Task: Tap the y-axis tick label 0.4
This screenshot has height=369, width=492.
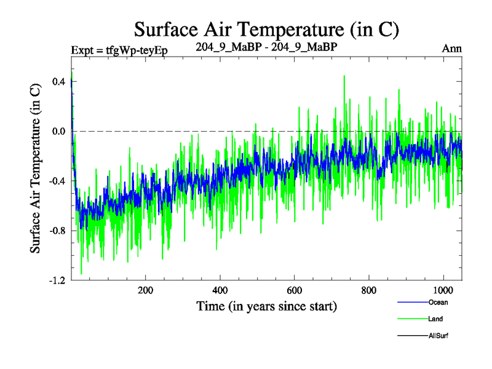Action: pos(59,81)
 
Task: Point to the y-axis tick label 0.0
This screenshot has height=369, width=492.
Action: pos(59,131)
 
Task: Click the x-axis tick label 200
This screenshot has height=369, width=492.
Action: pos(146,291)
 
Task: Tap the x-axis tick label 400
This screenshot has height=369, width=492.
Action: pos(220,291)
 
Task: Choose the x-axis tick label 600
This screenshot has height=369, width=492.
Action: pos(295,291)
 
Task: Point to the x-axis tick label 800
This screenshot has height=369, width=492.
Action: pos(369,291)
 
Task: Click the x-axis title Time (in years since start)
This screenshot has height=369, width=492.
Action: pos(266,306)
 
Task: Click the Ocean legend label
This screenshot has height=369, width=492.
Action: pos(438,303)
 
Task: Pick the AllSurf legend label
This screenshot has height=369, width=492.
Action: pos(439,336)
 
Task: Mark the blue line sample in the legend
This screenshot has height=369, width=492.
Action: pos(410,303)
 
